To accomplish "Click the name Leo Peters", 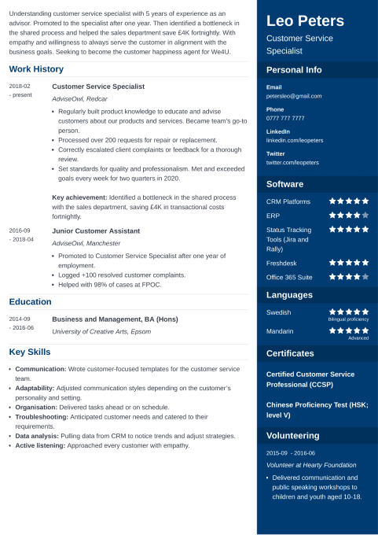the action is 305,20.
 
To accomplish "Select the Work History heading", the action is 36,69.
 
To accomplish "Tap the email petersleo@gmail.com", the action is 293,96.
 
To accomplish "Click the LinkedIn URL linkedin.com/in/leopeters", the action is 295,140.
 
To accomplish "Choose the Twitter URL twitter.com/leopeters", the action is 292,162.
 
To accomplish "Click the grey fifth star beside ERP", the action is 365,215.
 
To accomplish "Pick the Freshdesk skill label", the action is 282,262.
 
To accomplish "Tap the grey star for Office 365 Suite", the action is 365,276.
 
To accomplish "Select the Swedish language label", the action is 280,312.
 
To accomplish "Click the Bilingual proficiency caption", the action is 348,320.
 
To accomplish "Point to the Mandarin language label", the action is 281,331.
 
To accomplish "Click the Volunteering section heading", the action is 293,435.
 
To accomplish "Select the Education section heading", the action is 31,301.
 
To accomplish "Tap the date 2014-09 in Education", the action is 20,319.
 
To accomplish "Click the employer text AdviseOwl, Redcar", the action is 79,99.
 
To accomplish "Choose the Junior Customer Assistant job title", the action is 96,231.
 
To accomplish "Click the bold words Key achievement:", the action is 79,197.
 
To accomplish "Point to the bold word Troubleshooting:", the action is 43,417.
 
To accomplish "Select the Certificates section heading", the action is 290,353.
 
